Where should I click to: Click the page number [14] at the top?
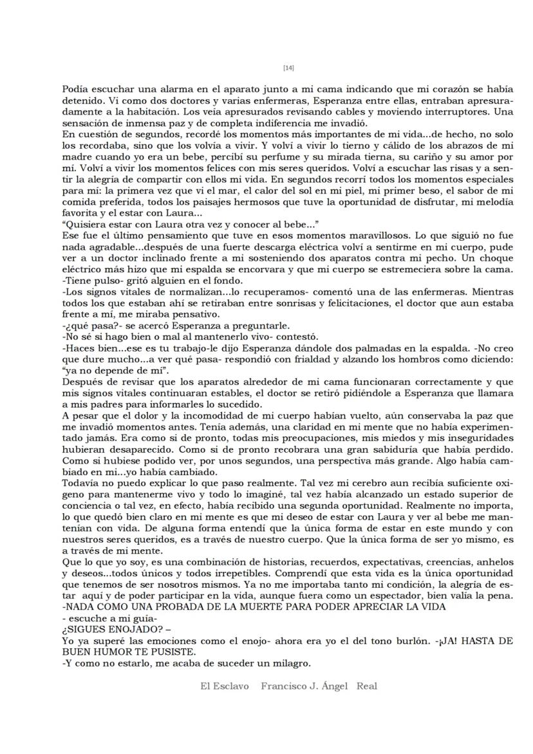[x=288, y=68]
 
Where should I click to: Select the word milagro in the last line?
[x=289, y=663]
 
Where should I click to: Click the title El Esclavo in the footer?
[x=224, y=686]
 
